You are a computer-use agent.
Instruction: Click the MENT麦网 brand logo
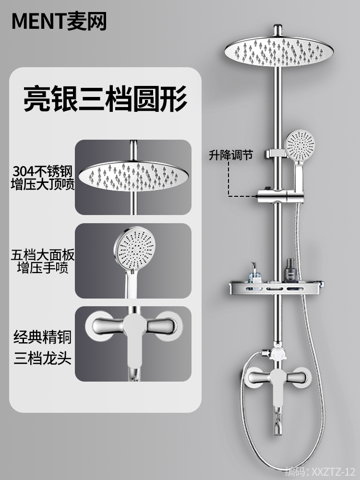coord(59,21)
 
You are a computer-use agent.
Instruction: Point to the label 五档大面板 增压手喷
coord(43,261)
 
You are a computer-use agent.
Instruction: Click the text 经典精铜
coord(42,337)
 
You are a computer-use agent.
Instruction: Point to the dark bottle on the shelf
coord(290,272)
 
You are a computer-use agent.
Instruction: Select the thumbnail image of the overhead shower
coord(133,177)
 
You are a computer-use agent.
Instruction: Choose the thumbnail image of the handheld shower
coord(133,261)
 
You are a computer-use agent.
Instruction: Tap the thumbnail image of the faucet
coord(133,344)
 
